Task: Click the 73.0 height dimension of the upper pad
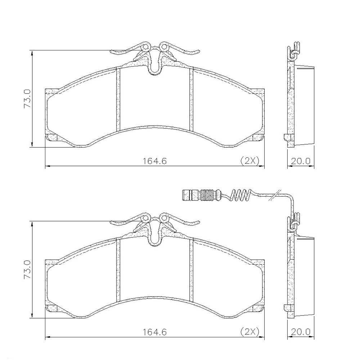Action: [x=27, y=99]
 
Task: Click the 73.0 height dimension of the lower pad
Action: [x=27, y=270]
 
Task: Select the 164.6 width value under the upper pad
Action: [x=154, y=161]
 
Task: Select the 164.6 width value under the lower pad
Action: [x=154, y=332]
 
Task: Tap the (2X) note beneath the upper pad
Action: [x=250, y=161]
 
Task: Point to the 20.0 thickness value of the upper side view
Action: [x=301, y=161]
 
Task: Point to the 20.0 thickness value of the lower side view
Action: [x=301, y=332]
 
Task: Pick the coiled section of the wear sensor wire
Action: [x=240, y=195]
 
